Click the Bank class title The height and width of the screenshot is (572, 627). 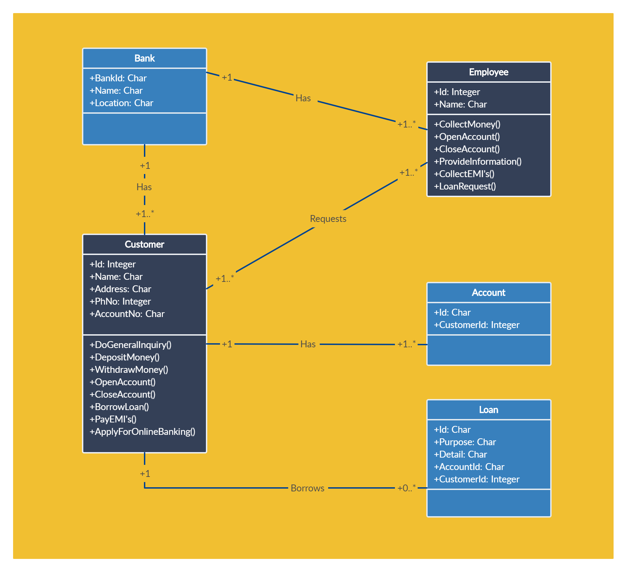(145, 58)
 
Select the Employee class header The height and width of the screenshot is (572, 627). (489, 72)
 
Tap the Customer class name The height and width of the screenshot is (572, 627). (145, 244)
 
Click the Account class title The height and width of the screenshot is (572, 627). (489, 293)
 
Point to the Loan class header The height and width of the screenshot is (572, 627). (489, 410)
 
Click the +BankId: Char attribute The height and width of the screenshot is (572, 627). (118, 78)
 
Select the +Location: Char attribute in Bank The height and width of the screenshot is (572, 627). (122, 103)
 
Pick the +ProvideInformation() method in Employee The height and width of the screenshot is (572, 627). (478, 162)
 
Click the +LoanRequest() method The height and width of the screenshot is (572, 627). (465, 186)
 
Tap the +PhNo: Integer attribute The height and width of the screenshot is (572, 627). (120, 302)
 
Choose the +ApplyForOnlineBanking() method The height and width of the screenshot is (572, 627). (143, 432)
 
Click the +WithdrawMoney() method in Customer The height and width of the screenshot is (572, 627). (129, 370)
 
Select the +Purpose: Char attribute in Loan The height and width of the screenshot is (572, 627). (465, 442)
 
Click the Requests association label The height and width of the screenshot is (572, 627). (328, 219)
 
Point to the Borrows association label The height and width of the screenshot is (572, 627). (307, 488)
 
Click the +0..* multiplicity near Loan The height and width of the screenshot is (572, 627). (407, 488)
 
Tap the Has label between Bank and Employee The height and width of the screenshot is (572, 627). (303, 98)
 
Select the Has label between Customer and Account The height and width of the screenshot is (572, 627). (308, 344)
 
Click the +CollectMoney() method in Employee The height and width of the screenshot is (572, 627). (467, 124)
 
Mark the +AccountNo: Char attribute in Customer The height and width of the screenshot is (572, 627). (127, 314)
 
